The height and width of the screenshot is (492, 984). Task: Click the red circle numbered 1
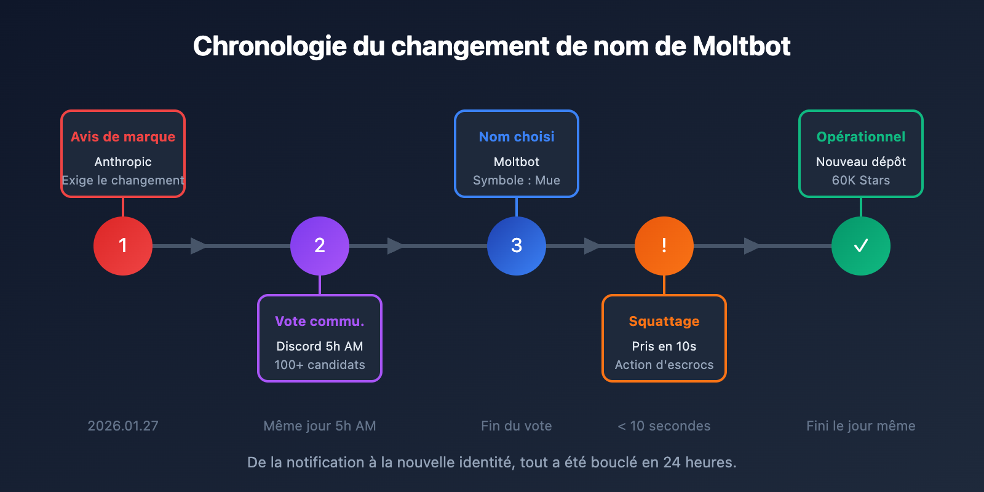[x=123, y=246]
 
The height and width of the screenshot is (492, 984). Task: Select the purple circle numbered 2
[x=320, y=246]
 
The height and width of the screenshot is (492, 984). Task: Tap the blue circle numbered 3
[x=517, y=246]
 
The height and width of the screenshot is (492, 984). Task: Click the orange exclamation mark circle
[x=664, y=246]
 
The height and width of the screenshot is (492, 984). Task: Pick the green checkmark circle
[x=861, y=246]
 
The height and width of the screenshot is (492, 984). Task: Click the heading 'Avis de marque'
[x=123, y=137]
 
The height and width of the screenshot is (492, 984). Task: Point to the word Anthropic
[x=123, y=162]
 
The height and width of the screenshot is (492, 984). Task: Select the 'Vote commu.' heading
[x=320, y=321]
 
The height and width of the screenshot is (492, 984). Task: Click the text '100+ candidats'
[x=320, y=365]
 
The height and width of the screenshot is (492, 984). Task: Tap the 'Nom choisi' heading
[x=517, y=137]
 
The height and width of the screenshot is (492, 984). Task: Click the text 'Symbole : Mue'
[x=517, y=180]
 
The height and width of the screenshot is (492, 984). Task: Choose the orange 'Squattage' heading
[x=664, y=321]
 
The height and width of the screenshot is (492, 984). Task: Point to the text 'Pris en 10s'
[x=664, y=346]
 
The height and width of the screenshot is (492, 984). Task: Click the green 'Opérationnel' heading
[x=861, y=137]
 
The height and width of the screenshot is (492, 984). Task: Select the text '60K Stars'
[x=861, y=180]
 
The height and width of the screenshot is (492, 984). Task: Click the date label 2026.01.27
[x=123, y=426]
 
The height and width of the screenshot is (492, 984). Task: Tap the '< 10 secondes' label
[x=664, y=426]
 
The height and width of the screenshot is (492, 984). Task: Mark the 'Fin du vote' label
[x=517, y=426]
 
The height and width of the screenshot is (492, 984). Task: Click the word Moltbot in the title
[x=741, y=46]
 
